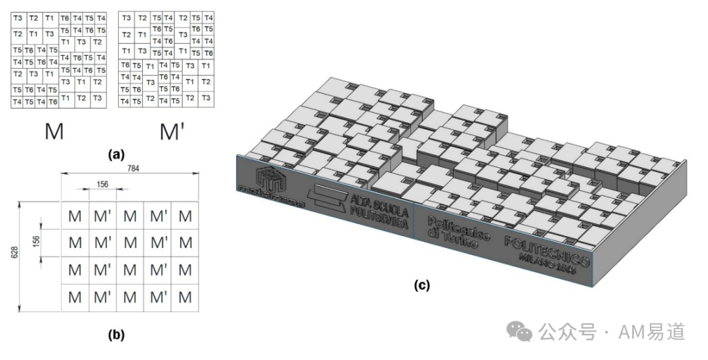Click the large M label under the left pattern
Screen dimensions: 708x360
tap(54, 131)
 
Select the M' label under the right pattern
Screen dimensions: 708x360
tap(172, 132)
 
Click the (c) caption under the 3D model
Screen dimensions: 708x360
tap(422, 285)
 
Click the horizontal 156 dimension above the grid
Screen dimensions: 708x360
tap(102, 184)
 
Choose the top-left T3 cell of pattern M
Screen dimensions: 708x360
tap(18, 18)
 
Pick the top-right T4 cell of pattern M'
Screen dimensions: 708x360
tap(208, 18)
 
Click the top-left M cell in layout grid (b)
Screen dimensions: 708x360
tap(75, 216)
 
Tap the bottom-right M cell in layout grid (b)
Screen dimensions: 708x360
tap(187, 297)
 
